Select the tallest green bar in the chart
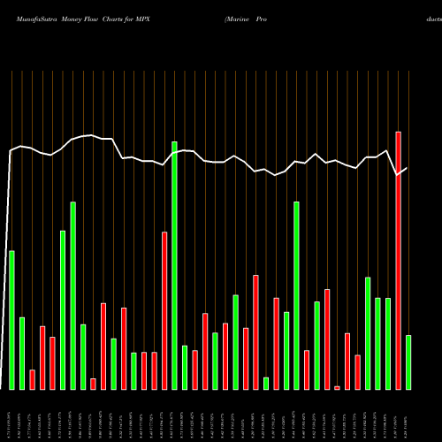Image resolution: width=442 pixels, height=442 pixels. [x=174, y=265]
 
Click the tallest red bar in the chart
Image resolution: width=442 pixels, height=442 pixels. [x=398, y=261]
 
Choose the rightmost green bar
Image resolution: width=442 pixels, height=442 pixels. [x=408, y=362]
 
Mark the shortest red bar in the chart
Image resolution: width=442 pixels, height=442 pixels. [x=337, y=387]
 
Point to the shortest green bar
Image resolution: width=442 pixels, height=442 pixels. [x=266, y=384]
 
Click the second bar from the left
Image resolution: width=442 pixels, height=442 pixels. [x=22, y=354]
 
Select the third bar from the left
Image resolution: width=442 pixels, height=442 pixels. [x=32, y=379]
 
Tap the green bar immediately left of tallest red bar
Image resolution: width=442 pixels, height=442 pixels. [x=388, y=344]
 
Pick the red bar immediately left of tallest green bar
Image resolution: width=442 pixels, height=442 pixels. [x=164, y=310]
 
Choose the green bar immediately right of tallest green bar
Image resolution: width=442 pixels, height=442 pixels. [x=185, y=367]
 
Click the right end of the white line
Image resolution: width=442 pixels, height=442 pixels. [x=407, y=168]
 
